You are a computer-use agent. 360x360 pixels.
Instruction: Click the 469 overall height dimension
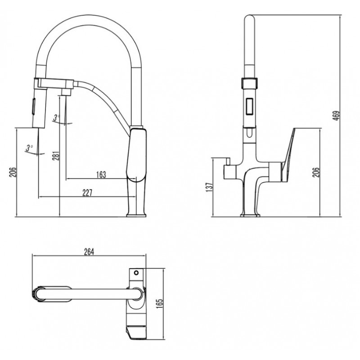click(336, 116)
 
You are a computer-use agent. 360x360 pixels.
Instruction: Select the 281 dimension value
click(57, 155)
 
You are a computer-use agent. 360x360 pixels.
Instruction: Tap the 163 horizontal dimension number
click(101, 175)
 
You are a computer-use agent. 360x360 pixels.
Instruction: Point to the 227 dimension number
click(87, 193)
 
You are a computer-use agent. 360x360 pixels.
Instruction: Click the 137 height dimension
click(210, 187)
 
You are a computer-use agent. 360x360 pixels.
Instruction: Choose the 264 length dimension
click(89, 252)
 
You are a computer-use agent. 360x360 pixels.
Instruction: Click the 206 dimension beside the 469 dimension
click(316, 172)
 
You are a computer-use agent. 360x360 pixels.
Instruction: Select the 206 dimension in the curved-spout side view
click(13, 172)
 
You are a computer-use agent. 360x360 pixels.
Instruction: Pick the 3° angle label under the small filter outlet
click(56, 117)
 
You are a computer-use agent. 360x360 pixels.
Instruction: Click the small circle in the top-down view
click(136, 273)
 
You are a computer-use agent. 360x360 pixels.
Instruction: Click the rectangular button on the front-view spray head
click(249, 106)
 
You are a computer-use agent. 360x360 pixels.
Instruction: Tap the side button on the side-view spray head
click(33, 106)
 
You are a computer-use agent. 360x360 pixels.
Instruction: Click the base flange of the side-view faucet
click(136, 215)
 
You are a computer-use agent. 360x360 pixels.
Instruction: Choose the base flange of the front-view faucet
click(250, 216)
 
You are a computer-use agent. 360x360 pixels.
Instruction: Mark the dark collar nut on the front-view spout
click(249, 83)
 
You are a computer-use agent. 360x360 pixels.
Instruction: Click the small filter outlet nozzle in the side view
click(66, 92)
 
